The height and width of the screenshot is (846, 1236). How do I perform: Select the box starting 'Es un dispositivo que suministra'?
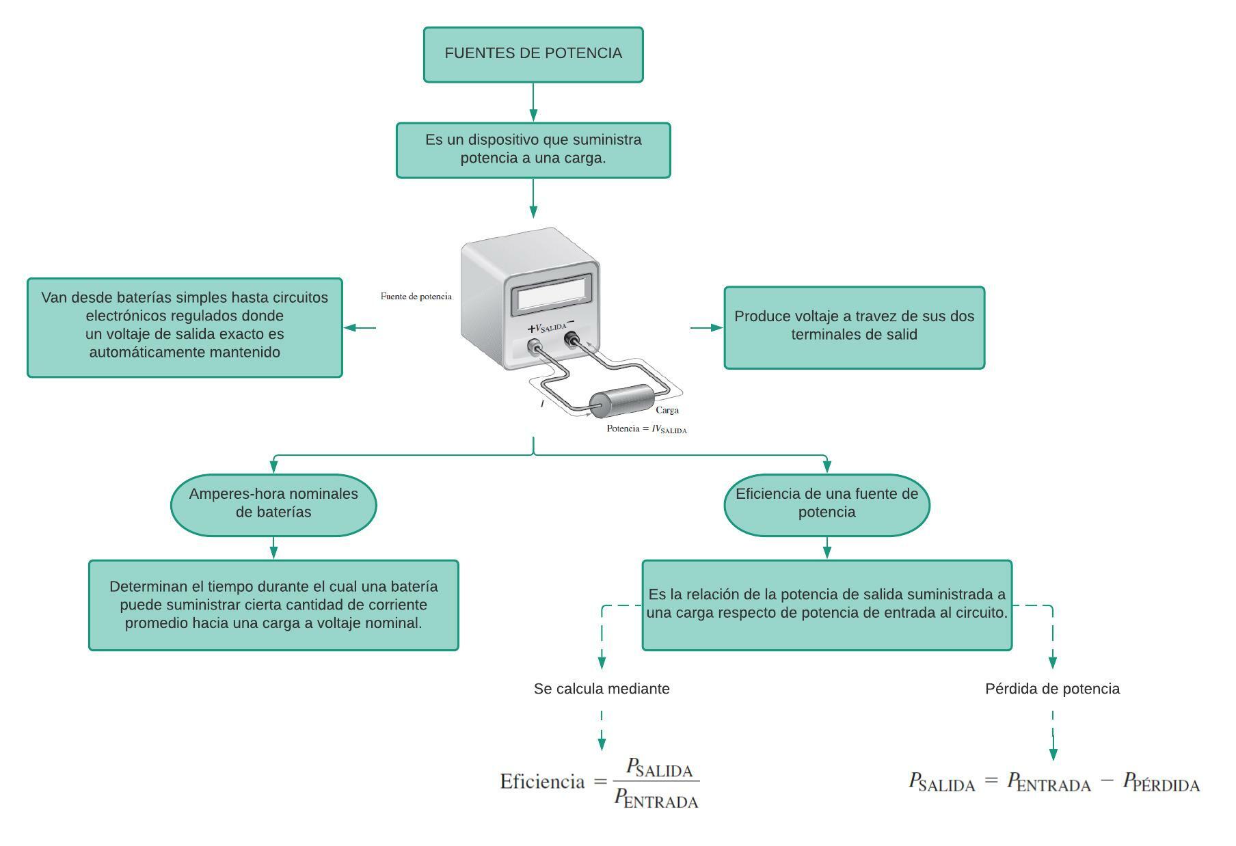pyautogui.click(x=533, y=150)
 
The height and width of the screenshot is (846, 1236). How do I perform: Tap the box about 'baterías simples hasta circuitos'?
pyautogui.click(x=185, y=327)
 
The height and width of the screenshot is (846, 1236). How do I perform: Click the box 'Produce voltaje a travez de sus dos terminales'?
pyautogui.click(x=854, y=327)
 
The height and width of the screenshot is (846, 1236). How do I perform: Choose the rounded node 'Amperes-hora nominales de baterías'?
pyautogui.click(x=273, y=504)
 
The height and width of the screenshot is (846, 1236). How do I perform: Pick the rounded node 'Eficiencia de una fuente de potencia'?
pyautogui.click(x=827, y=504)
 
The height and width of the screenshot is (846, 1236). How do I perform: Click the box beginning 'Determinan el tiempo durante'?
pyautogui.click(x=273, y=605)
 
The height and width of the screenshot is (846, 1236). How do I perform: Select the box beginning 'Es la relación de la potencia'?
pyautogui.click(x=827, y=605)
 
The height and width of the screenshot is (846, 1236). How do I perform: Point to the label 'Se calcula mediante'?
pyautogui.click(x=602, y=689)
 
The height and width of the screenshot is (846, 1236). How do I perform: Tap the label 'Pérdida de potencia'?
pyautogui.click(x=1052, y=689)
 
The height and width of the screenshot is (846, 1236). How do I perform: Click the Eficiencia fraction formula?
pyautogui.click(x=600, y=782)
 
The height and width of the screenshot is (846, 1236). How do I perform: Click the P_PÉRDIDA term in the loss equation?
pyautogui.click(x=1161, y=782)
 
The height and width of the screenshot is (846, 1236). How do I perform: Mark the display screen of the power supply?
pyautogui.click(x=551, y=296)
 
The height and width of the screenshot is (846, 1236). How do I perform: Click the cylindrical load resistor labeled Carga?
pyautogui.click(x=622, y=401)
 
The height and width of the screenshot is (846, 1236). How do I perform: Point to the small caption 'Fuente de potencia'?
pyautogui.click(x=416, y=297)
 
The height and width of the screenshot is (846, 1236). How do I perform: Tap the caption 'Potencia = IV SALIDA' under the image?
pyautogui.click(x=646, y=429)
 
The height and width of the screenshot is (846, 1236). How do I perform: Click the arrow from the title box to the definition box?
pyautogui.click(x=533, y=103)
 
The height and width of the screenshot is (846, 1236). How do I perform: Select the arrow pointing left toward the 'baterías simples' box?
pyautogui.click(x=360, y=327)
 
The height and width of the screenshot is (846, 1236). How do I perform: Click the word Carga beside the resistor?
pyautogui.click(x=667, y=410)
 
